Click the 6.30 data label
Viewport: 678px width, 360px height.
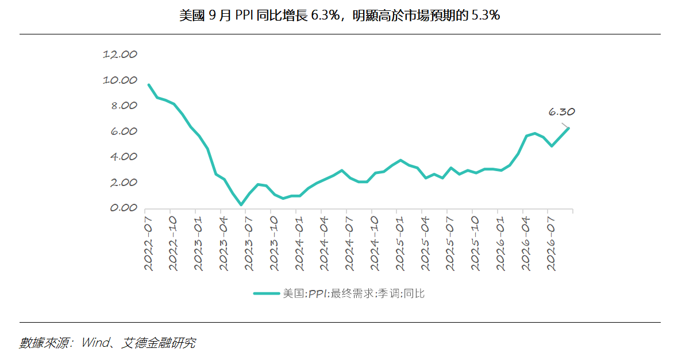coord(561,112)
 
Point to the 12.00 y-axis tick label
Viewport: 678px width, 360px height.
coord(120,55)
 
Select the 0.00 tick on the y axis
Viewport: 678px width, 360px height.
coord(123,208)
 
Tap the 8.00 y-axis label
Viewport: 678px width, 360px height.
coord(124,106)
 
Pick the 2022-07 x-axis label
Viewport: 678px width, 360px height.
coord(149,244)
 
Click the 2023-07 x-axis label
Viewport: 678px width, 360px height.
coord(249,244)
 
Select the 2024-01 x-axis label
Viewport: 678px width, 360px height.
coord(300,244)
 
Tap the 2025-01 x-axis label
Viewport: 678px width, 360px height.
coord(400,244)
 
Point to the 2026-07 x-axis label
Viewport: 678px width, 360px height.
coord(552,244)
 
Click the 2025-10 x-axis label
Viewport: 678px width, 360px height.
coord(476,244)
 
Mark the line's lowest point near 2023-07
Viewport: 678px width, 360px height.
coord(241,205)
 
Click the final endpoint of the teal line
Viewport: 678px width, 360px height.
coord(568,128)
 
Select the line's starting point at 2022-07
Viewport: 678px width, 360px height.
coord(149,85)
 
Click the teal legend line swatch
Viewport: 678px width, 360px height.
coord(267,293)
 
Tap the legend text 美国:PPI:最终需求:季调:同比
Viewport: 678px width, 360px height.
coord(354,293)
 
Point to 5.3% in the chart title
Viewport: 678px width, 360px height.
coord(486,16)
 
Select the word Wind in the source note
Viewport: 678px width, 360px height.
coord(95,343)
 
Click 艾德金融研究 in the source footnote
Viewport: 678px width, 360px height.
coord(158,343)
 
